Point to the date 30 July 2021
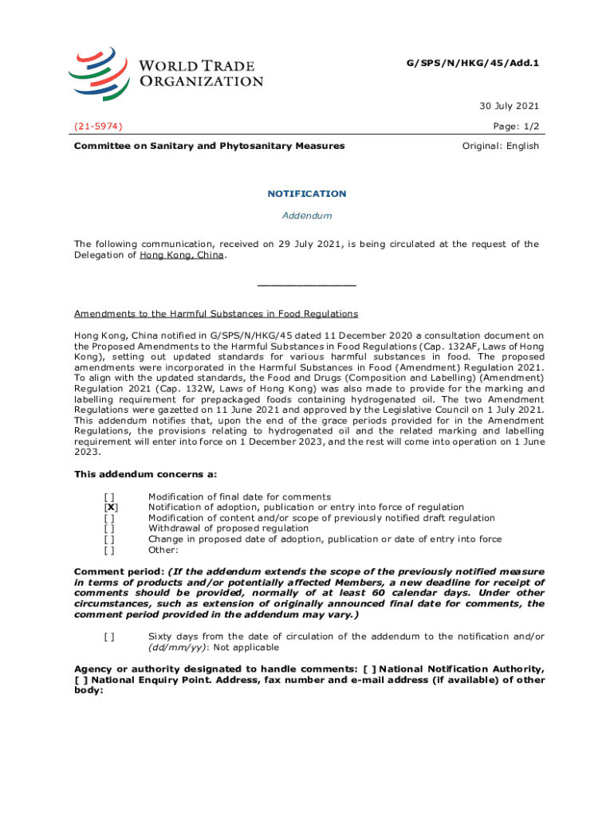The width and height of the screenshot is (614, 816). tap(509, 106)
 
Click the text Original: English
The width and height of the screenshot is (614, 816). tap(501, 146)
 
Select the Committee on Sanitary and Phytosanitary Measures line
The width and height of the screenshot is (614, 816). tap(209, 146)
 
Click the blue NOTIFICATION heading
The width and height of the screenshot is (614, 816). tap(306, 194)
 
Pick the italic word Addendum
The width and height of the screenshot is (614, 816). tap(306, 216)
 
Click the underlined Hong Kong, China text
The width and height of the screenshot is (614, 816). tap(182, 256)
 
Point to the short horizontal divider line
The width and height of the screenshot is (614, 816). tap(306, 284)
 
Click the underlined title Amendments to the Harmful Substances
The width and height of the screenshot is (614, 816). tap(215, 314)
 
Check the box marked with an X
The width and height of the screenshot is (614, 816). tap(111, 508)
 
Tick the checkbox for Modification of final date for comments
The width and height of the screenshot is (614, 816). tap(111, 497)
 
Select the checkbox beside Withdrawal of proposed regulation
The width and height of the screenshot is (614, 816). tap(111, 528)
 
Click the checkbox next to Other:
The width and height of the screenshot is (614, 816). tap(111, 549)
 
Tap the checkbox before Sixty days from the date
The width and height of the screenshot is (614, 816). tap(108, 636)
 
